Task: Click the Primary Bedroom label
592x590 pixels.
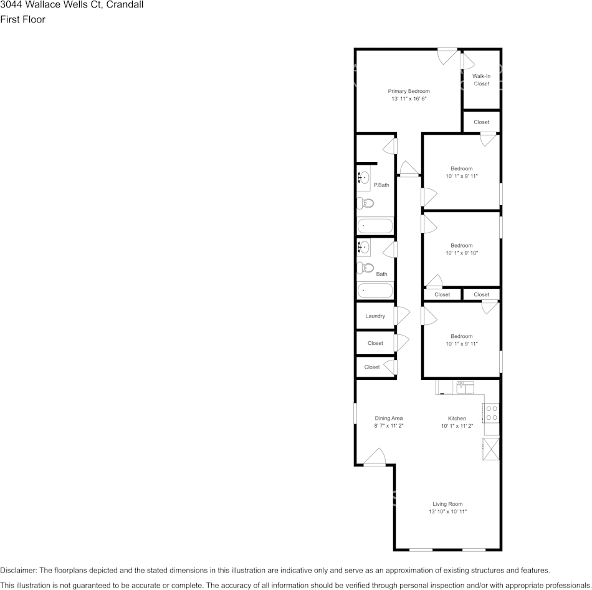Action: pos(409,91)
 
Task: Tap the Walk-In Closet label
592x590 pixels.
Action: pos(481,80)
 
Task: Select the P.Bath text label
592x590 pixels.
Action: pos(381,185)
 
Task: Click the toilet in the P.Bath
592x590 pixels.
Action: pos(366,203)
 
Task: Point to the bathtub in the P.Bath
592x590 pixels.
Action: pos(375,225)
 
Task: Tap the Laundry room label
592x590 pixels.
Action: pos(375,316)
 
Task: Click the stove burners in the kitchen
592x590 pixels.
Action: pos(491,413)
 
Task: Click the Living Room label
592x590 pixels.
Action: pos(447,504)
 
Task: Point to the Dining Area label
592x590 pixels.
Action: pos(389,418)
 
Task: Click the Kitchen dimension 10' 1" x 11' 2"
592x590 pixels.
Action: pos(457,427)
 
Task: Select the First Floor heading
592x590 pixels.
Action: pos(23,19)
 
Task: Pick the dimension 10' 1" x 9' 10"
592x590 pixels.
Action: pos(462,253)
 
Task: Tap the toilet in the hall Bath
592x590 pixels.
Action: pos(366,269)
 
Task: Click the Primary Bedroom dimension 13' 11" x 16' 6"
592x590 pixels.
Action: pos(409,99)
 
